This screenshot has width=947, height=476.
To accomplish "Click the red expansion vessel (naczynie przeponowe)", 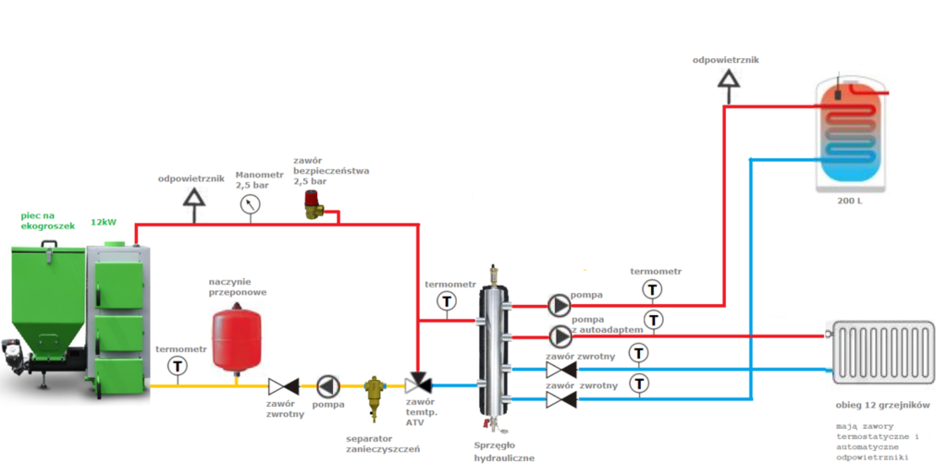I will coord(235,337).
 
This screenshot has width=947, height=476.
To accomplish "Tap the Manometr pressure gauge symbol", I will coord(250,205).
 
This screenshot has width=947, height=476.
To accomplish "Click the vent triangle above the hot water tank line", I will coord(730,82).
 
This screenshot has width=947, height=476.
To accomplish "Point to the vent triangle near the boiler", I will coord(193,198).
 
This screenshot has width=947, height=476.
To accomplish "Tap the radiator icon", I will coord(883,350).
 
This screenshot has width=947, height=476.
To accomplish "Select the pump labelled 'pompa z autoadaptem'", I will coord(560,336).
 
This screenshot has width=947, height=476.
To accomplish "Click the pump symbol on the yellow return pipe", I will coord(328,385).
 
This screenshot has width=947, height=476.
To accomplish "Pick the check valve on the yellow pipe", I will coord(282,385).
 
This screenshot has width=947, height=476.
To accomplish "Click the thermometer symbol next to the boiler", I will coord(177,366).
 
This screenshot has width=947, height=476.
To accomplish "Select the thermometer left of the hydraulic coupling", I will coord(447,301).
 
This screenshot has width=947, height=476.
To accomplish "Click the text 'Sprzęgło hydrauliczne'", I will coord(503,450).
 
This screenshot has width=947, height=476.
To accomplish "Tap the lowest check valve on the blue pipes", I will coord(560,399).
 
